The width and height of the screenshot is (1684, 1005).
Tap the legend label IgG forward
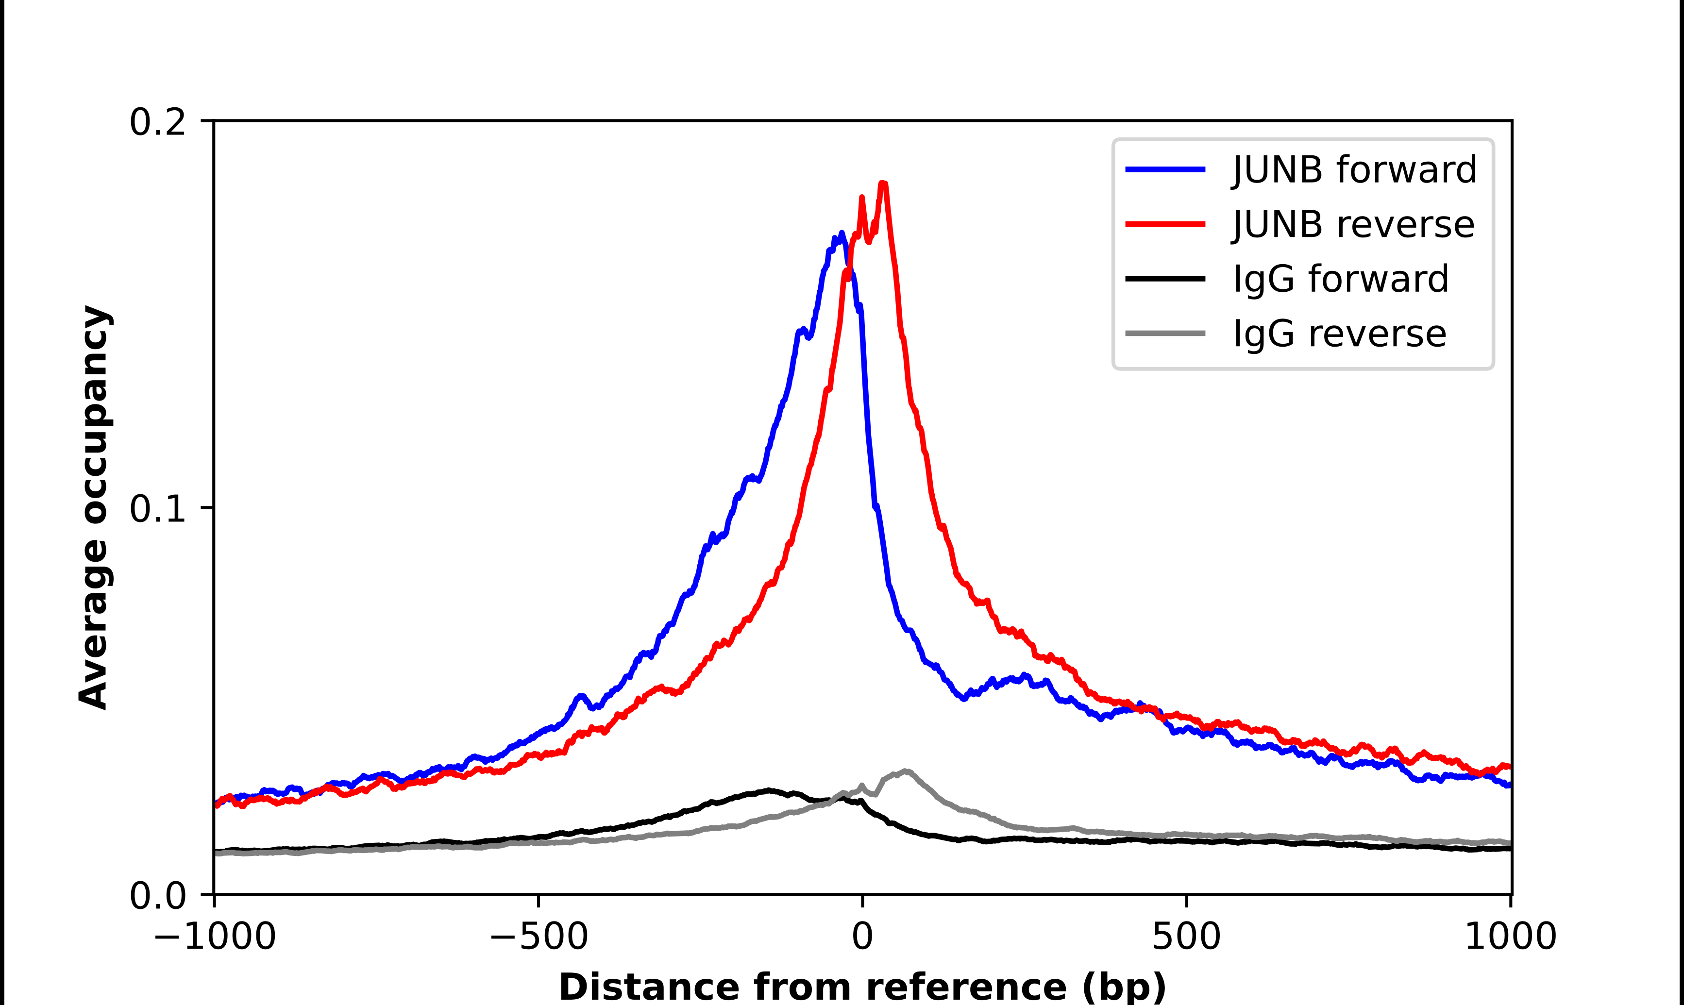pyautogui.click(x=1341, y=279)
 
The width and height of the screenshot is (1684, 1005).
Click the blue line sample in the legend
pyautogui.click(x=1165, y=169)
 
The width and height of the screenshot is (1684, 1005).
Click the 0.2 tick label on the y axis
pyautogui.click(x=157, y=122)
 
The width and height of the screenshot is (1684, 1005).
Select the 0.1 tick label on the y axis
pyautogui.click(x=157, y=509)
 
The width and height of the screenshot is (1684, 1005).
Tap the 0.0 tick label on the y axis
pyautogui.click(x=157, y=896)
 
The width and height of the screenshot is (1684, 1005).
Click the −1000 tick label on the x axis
pyautogui.click(x=215, y=937)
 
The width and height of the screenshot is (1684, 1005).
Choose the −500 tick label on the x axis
pyautogui.click(x=539, y=937)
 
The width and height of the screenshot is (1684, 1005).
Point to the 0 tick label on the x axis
pyautogui.click(x=863, y=937)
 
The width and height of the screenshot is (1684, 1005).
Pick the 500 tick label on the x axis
pyautogui.click(x=1186, y=937)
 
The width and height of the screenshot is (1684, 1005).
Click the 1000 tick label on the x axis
pyautogui.click(x=1511, y=937)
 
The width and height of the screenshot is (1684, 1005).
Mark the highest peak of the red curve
pyautogui.click(x=883, y=184)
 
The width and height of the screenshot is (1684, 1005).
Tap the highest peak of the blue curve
pyautogui.click(x=842, y=234)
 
